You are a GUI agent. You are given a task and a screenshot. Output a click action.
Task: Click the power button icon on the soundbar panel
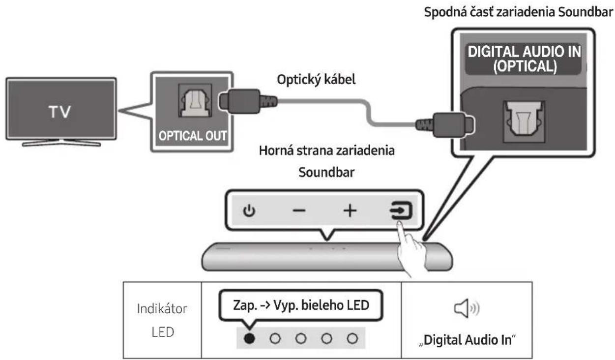click(x=249, y=211)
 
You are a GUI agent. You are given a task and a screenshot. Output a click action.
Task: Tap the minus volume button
click(x=299, y=211)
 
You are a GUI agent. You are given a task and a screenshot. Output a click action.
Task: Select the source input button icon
click(x=401, y=210)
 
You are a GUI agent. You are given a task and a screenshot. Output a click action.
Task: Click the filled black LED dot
click(x=249, y=338)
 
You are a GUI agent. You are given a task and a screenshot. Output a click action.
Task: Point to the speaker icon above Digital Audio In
click(x=467, y=308)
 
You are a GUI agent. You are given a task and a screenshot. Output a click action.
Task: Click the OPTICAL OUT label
click(x=193, y=136)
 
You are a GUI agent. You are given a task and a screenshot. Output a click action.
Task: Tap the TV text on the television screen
click(x=60, y=112)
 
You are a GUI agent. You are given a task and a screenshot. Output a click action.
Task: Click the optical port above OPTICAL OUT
click(x=195, y=101)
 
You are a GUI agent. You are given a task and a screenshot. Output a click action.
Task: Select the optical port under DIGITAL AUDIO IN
click(x=524, y=121)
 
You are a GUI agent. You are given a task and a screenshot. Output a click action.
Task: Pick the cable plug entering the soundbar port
click(x=445, y=125)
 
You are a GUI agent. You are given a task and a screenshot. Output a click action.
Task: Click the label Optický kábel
click(x=316, y=80)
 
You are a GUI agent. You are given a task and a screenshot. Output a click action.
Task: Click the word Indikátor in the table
click(x=162, y=309)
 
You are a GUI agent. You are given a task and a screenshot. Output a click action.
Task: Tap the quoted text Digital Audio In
click(x=467, y=340)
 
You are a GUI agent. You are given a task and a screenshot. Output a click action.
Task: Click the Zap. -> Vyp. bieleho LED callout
click(x=301, y=305)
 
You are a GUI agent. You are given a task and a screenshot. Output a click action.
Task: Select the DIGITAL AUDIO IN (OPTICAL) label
click(x=524, y=59)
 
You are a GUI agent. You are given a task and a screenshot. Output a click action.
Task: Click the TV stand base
click(x=61, y=143)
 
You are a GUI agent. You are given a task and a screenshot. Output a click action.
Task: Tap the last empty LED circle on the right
click(x=352, y=338)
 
